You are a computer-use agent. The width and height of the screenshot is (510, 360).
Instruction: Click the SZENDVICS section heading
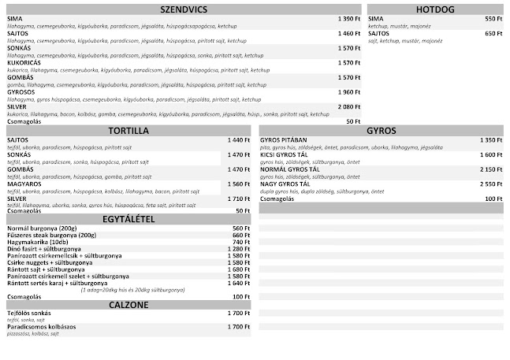click(x=183, y=9)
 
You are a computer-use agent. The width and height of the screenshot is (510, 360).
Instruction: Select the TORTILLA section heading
click(x=128, y=131)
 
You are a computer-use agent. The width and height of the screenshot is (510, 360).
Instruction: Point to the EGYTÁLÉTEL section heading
click(x=128, y=219)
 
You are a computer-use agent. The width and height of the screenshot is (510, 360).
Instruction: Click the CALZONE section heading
click(x=128, y=304)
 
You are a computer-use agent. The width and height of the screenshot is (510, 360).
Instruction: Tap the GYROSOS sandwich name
click(x=21, y=91)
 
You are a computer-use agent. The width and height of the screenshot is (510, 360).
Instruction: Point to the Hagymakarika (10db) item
click(x=36, y=242)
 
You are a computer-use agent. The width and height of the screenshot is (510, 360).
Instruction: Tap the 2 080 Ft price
click(x=348, y=106)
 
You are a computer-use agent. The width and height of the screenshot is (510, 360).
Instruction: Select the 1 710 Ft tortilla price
click(x=237, y=199)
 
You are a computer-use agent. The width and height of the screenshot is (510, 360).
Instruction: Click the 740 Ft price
click(x=240, y=242)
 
